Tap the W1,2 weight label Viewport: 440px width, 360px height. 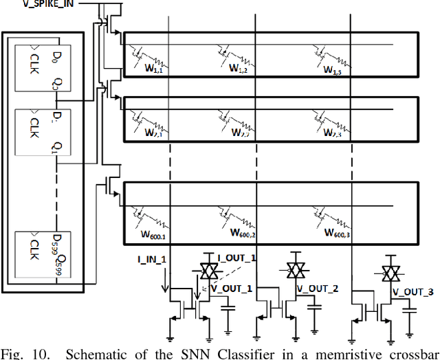coord(239,69)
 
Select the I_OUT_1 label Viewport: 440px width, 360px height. coord(236,257)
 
